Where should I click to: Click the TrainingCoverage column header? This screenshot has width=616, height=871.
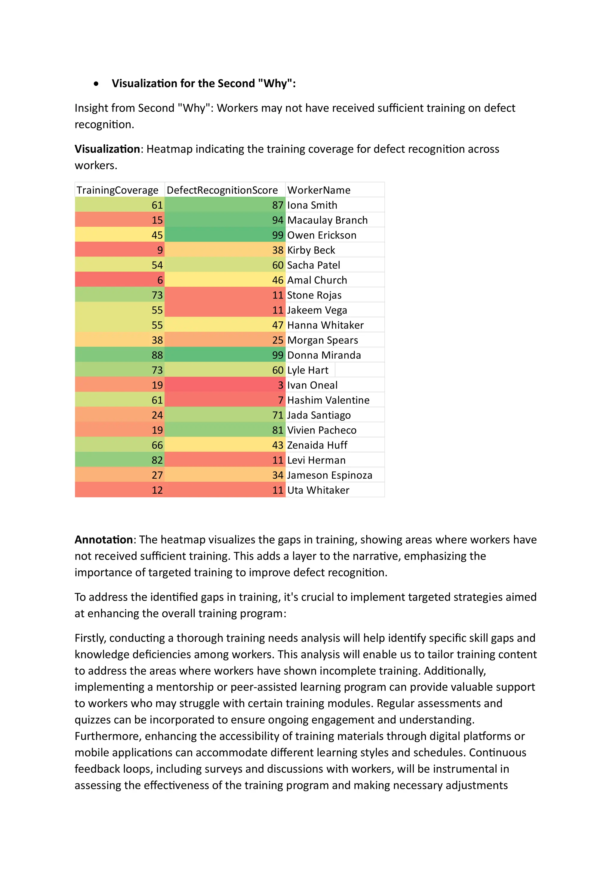coord(117,190)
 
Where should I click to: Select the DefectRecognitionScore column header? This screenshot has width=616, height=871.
coord(222,190)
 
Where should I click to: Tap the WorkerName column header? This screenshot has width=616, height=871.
coord(319,190)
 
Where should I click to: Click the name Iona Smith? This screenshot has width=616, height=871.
coord(312,205)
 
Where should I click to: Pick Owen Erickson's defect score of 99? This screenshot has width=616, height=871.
coord(277,235)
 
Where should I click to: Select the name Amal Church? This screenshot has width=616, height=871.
coord(317,280)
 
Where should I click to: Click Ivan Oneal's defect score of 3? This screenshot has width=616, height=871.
coord(281,385)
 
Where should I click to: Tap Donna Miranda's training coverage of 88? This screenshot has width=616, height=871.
coord(157,355)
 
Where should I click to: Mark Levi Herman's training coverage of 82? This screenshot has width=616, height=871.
coord(157,460)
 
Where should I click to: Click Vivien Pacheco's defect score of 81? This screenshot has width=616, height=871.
coord(277,430)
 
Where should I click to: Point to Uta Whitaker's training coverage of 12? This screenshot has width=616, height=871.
coord(157,490)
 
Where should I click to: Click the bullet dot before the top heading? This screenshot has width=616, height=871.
coord(97,84)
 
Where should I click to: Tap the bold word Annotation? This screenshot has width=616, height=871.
coord(103,539)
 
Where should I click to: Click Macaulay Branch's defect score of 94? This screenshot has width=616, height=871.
coord(277,220)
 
